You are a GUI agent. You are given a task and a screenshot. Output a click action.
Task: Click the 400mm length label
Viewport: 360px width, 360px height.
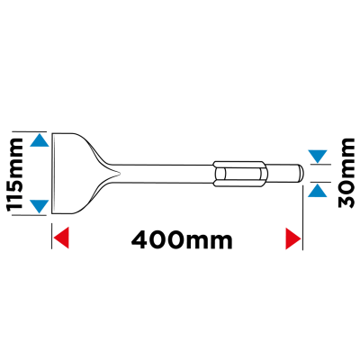tap(182, 239)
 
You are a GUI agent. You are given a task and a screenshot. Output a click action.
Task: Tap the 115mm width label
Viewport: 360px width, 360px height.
tap(14, 174)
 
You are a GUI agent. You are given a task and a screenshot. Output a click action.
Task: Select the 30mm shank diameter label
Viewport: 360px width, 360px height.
tap(346, 173)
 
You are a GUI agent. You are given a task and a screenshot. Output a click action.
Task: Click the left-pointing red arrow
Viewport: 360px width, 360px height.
tap(61, 238)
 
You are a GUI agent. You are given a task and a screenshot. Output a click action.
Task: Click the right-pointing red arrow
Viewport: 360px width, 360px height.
tap(293, 238)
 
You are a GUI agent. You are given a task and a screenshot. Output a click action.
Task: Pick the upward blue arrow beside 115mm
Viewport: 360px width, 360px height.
tap(40, 140)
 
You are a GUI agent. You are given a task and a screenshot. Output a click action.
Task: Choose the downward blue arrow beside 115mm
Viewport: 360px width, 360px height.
tap(40, 206)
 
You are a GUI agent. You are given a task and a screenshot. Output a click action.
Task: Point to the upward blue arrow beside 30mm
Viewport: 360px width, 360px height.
tap(318, 191)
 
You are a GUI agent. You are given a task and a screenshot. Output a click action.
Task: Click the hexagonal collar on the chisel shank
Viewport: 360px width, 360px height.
tap(239, 174)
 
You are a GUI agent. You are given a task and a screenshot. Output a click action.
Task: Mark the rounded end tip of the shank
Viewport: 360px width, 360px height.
tap(301, 173)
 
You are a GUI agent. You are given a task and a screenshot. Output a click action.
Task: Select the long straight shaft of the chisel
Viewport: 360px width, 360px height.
tap(164, 174)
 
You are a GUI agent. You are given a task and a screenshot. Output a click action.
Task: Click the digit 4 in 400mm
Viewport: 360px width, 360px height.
tap(141, 240)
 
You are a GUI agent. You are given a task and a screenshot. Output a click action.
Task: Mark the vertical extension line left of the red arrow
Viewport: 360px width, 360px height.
tap(52, 236)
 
